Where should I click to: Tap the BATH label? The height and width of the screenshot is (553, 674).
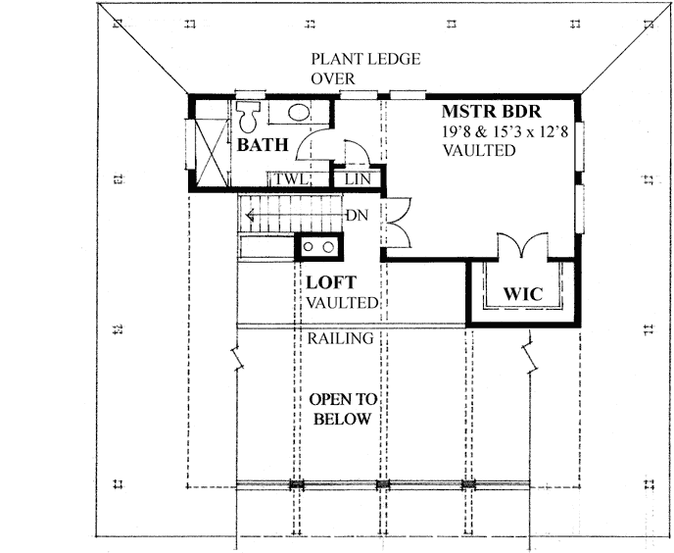[264, 146]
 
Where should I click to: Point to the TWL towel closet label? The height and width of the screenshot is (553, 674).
[290, 179]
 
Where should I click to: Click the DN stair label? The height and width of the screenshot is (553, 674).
[355, 216]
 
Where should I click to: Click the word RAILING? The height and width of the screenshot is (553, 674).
[340, 339]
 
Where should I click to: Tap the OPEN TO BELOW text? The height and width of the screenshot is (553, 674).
[340, 410]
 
